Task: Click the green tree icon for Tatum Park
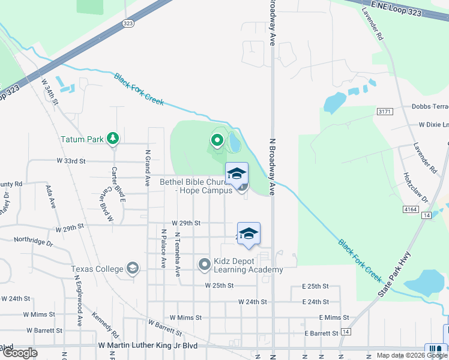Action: [x=112, y=139]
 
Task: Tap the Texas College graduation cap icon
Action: [x=132, y=269]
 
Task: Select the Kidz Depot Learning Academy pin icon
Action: [x=205, y=263]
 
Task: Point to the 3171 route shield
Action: [x=385, y=112]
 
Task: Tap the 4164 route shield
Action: [x=411, y=209]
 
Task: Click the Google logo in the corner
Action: [x=20, y=353]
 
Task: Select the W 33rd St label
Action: [x=71, y=161]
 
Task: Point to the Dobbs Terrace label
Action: [x=430, y=106]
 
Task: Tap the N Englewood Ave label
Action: [x=78, y=300]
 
